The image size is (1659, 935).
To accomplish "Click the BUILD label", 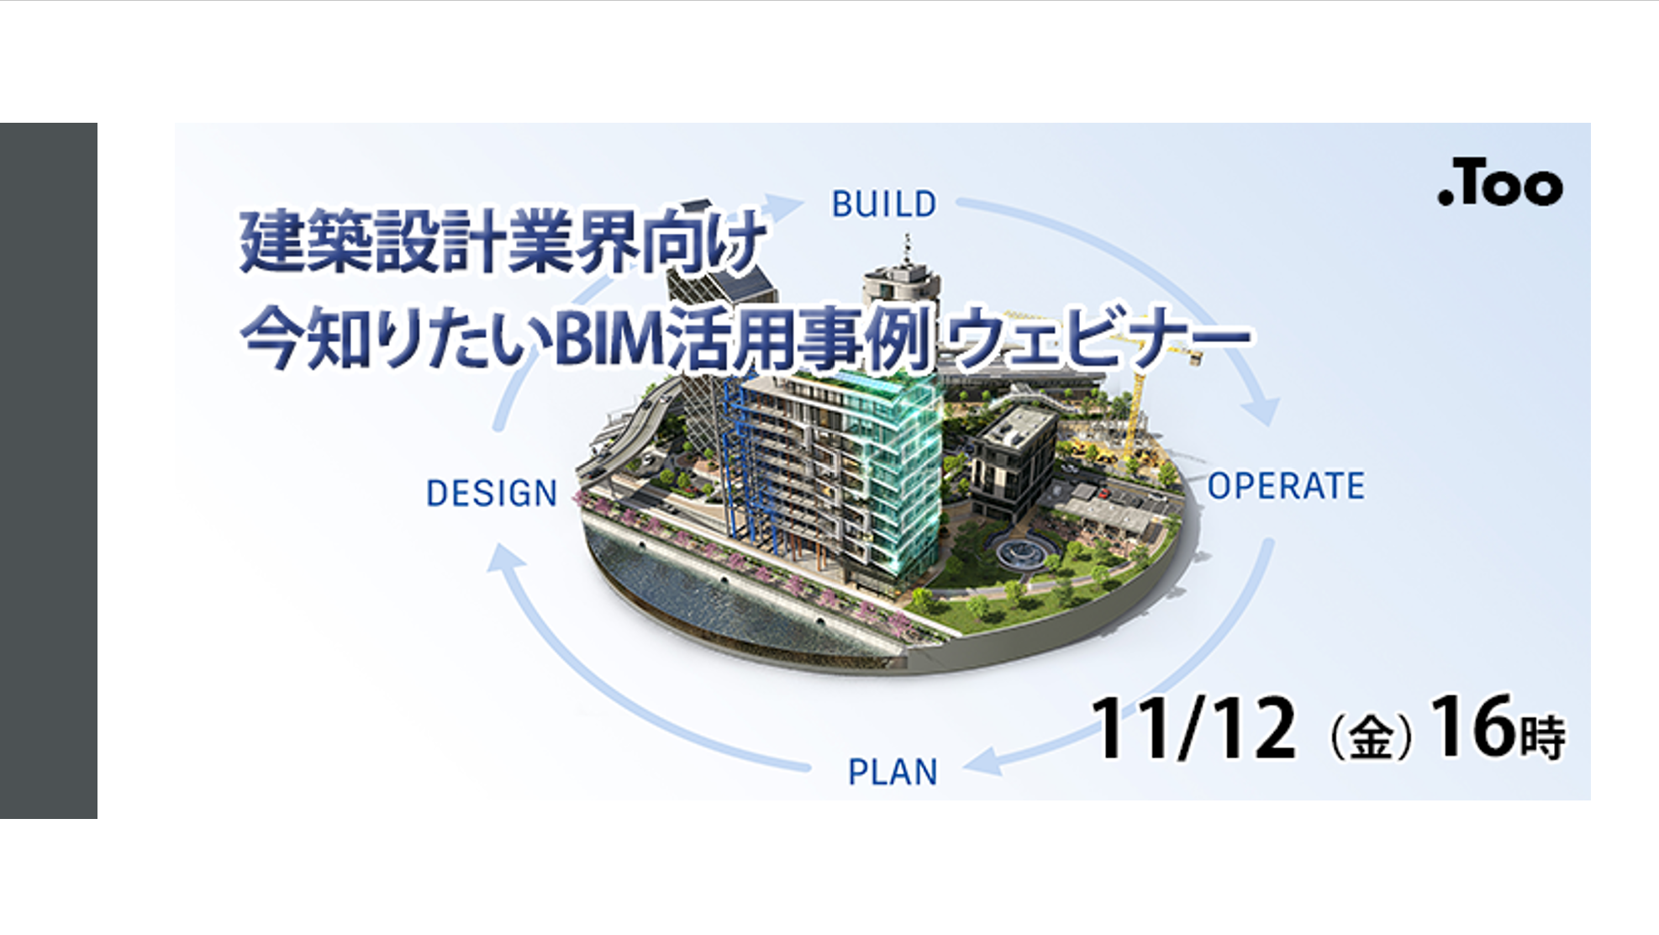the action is point(884,204).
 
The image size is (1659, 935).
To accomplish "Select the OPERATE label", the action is point(1286,486).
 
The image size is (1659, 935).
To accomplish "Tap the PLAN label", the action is point(893,772).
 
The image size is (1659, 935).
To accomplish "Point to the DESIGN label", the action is point(492,494).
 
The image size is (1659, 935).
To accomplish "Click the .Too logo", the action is point(1500,182).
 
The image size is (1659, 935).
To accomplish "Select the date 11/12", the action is point(1193,728).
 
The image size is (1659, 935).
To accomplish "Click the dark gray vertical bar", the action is point(49,471).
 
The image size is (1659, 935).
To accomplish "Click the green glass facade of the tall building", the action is point(903,471).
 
